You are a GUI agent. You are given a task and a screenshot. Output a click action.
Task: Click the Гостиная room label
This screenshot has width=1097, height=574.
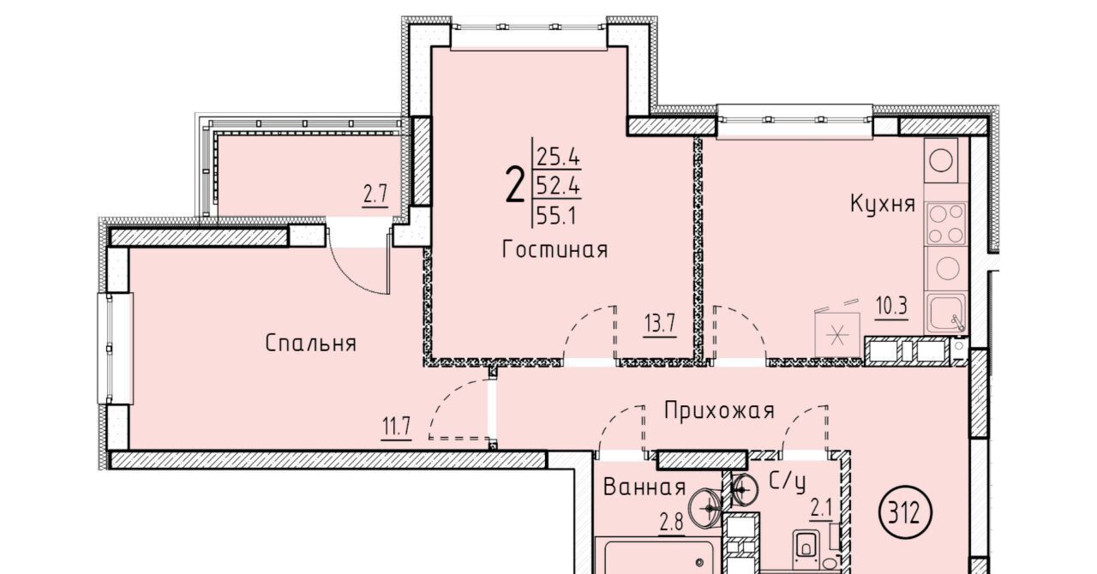554,250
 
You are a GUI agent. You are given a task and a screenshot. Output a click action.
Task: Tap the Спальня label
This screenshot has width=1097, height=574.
310,344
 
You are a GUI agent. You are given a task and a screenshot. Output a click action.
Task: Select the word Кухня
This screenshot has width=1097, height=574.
883,203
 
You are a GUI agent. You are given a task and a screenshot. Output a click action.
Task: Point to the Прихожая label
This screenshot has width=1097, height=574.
719,410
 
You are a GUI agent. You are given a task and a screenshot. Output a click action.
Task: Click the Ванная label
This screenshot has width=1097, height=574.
644,487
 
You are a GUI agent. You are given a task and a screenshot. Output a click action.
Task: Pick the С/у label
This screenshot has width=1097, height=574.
787,482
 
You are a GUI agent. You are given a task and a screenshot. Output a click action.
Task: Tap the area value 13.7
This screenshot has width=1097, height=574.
660,324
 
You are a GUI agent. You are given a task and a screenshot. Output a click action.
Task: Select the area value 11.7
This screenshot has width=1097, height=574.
396,427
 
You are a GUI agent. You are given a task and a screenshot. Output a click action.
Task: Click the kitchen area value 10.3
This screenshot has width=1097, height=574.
891,307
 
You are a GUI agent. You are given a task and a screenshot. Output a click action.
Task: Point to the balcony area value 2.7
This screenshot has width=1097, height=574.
375,195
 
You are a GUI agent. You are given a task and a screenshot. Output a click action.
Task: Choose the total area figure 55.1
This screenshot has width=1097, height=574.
556,215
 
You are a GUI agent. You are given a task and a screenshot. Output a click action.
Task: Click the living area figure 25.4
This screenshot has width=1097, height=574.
558,157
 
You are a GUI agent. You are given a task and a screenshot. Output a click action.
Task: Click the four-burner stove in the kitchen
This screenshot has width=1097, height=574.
945,224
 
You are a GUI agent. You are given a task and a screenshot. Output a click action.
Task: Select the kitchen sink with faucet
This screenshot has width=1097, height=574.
946,313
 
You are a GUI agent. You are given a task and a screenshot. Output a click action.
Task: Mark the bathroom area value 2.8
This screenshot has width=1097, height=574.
671,523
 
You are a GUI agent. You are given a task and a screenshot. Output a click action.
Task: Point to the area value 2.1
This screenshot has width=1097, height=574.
821,511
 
